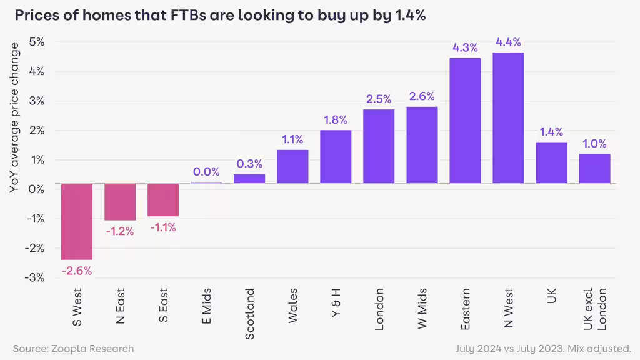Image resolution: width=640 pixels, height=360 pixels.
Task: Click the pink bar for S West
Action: click(77, 221)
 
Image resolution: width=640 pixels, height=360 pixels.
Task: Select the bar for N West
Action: click(508, 118)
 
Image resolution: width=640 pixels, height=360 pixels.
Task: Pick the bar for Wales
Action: click(292, 167)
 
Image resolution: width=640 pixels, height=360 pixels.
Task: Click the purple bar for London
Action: click(379, 146)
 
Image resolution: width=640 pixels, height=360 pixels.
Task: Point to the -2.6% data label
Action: click(77, 271)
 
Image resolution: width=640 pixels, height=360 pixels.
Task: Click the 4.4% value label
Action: click(508, 42)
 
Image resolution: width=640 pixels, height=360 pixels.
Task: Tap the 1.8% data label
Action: click(336, 120)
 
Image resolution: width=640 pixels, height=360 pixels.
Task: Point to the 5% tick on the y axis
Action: click(37, 42)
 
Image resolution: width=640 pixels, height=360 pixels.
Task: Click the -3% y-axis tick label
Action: click(36, 277)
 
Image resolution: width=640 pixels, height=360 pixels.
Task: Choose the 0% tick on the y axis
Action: click(37, 189)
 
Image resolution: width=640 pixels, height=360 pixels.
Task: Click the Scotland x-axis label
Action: click(250, 314)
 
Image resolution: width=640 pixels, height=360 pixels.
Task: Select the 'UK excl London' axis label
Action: click(595, 310)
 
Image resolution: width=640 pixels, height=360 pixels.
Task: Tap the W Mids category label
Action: click(422, 309)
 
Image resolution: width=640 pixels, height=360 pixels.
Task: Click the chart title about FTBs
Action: click(220, 17)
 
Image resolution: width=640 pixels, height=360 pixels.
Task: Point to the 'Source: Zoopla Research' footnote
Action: click(73, 348)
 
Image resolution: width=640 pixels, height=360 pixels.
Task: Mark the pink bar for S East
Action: click(163, 200)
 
